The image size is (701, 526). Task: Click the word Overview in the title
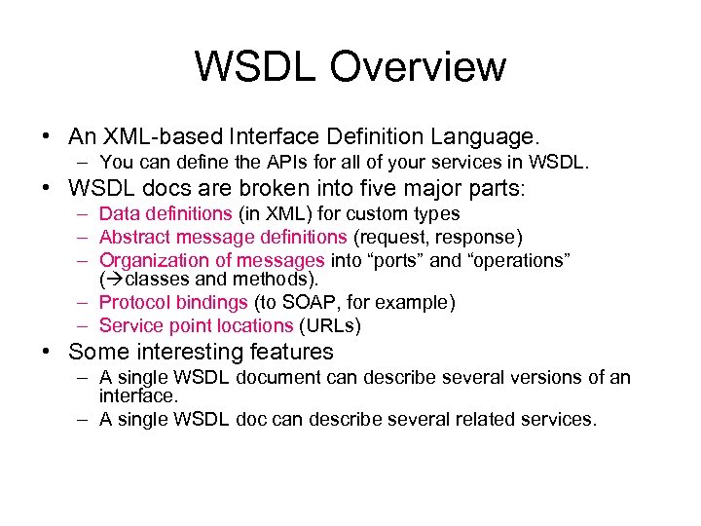point(418,67)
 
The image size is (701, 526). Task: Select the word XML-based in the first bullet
point(155,135)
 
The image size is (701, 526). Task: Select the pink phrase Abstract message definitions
point(223,237)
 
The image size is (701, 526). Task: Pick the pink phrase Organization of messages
point(212,260)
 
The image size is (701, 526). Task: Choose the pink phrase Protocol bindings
point(173,302)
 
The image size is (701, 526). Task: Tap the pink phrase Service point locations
point(196,325)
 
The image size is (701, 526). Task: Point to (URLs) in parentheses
point(330,325)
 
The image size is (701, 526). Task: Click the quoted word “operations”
point(517,260)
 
